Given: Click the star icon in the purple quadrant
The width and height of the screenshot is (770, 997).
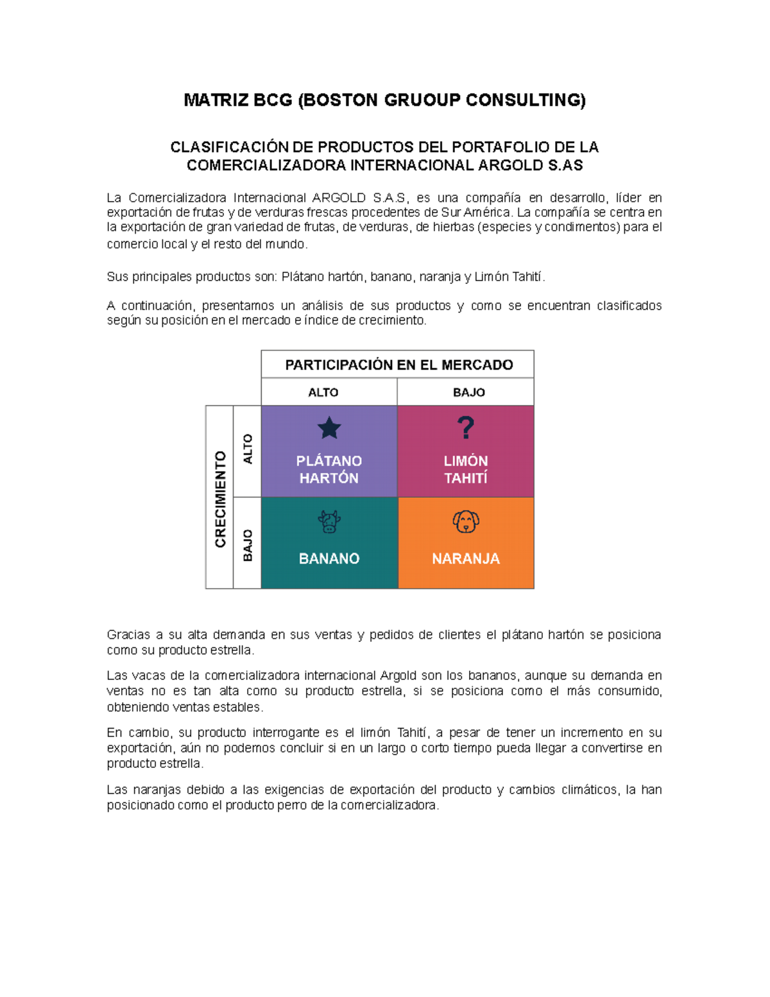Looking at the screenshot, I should [x=329, y=428].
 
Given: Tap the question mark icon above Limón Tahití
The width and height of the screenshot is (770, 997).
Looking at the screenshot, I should [x=466, y=428].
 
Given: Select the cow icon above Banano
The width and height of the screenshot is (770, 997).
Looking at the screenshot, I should [x=329, y=521].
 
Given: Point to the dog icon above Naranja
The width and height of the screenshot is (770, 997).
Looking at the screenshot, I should [x=466, y=521].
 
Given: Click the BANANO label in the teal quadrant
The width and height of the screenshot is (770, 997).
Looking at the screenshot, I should [x=329, y=559].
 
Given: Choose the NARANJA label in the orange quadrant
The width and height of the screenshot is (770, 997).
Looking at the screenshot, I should [x=466, y=559].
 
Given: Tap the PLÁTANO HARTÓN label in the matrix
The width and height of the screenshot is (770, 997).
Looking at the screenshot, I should [x=329, y=469].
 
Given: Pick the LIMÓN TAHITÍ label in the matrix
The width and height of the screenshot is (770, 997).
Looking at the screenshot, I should [x=466, y=469].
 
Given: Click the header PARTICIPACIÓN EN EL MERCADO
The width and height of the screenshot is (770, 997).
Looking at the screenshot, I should [x=398, y=365].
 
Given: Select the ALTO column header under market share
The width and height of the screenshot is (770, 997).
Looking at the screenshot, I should [x=323, y=392].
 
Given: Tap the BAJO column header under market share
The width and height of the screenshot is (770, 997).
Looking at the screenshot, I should [x=469, y=392].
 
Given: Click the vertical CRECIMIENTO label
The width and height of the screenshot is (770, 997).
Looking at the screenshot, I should [x=220, y=499].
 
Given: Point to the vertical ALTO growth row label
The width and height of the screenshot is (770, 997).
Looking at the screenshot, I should [x=248, y=449].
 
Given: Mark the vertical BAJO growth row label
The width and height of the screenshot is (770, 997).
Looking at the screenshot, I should [x=248, y=545].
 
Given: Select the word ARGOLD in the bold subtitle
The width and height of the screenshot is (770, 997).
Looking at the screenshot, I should [x=511, y=166].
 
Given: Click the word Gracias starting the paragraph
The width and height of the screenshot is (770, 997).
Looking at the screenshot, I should [x=128, y=635].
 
